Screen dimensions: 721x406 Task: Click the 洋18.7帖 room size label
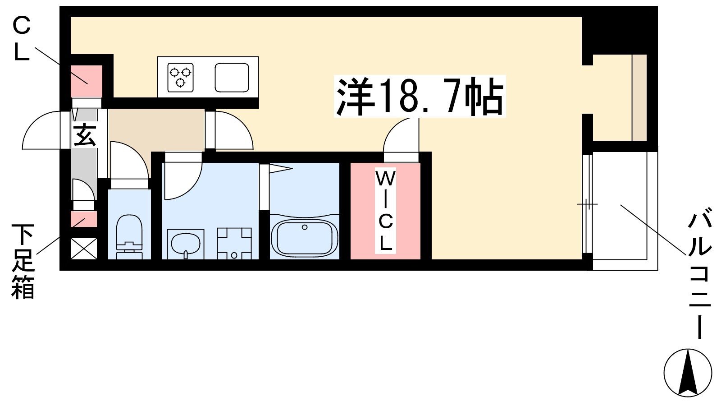[420, 96]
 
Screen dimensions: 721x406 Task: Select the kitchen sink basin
[232, 77]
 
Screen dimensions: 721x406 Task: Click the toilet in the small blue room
[129, 236]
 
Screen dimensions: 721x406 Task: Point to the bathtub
[305, 237]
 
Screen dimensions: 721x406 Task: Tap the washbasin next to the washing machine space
[186, 244]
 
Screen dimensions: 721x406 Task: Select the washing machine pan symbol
[234, 244]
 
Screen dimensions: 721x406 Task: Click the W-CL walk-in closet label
[385, 211]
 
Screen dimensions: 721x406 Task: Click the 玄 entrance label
[84, 135]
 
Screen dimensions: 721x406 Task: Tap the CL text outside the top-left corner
[22, 39]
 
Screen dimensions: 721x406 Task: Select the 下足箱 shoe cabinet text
[23, 261]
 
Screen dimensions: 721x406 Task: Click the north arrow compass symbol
[688, 373]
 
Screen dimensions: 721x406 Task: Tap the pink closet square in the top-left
[86, 81]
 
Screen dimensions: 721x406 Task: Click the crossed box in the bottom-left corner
[84, 249]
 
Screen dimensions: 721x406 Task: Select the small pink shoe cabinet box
[84, 219]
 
